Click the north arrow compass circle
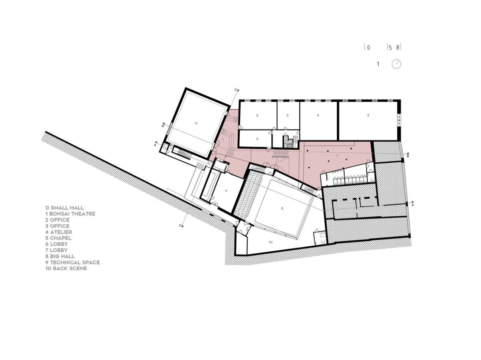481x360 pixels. point(396,64)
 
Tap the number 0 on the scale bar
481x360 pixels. point(368,48)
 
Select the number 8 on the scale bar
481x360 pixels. point(398,48)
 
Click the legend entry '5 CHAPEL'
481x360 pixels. point(58,238)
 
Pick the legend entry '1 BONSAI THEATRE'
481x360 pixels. point(70,214)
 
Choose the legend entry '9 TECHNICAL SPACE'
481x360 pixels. point(73,262)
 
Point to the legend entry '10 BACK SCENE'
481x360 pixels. point(66,268)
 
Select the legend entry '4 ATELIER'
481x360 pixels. point(59,232)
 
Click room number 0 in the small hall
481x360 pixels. point(196,124)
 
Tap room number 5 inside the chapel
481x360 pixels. point(368,115)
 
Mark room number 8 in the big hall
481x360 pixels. point(282,208)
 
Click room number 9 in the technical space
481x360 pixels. point(226,191)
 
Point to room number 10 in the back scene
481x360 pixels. point(271,242)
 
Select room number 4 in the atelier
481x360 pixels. point(318,116)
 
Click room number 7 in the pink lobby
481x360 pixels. point(337,156)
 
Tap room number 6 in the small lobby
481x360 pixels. point(257,138)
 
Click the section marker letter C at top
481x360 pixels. point(236,90)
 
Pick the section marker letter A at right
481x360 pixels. point(412,205)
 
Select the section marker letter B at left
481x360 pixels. point(163,126)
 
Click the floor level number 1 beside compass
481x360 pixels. point(378,64)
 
